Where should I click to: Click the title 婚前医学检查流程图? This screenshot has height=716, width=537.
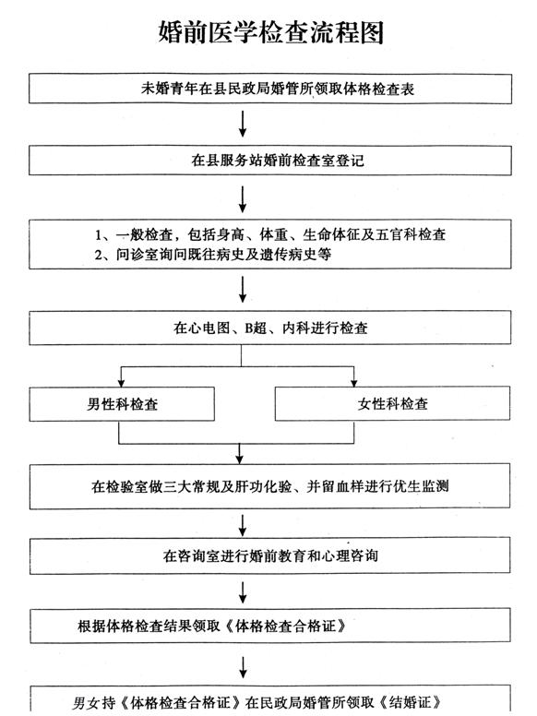click(270, 32)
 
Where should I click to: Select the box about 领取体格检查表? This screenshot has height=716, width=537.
click(270, 89)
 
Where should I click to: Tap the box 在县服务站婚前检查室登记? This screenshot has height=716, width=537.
click(270, 161)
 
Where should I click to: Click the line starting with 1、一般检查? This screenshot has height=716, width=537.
click(270, 234)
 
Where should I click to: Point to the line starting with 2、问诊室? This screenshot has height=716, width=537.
click(213, 254)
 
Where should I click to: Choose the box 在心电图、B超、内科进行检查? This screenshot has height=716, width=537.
click(270, 328)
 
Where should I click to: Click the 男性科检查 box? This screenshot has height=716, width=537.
click(122, 404)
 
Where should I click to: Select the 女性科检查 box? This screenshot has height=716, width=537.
click(392, 403)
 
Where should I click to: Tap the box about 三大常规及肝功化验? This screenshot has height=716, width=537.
click(269, 486)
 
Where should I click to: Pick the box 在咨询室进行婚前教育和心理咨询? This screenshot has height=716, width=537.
click(269, 555)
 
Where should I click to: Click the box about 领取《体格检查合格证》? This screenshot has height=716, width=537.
click(269, 626)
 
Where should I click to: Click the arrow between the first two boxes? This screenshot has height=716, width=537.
click(243, 124)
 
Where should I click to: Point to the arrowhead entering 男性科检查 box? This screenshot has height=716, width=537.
click(121, 383)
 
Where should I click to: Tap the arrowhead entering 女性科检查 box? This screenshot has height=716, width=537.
click(354, 383)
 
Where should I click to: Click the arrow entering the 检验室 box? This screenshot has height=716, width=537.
click(240, 453)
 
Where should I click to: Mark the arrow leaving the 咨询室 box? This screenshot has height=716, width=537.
click(243, 592)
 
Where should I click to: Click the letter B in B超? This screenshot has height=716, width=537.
click(249, 328)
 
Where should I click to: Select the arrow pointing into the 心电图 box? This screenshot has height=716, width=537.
click(243, 289)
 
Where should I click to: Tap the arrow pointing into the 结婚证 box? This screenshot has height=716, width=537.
click(244, 667)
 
